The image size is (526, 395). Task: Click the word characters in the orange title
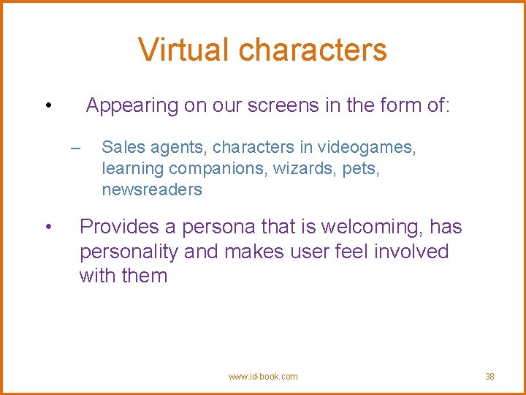[x=313, y=50]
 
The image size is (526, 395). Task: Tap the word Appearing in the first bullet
[x=132, y=106]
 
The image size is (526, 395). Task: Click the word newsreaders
[x=152, y=190]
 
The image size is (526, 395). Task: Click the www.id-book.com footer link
[x=263, y=377]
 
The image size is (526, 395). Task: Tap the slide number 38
[x=489, y=377]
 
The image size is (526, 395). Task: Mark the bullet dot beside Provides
[x=47, y=227]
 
